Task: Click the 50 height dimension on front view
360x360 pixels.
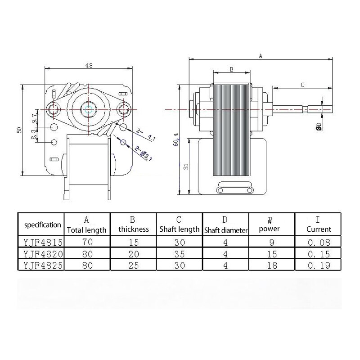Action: coord(19,130)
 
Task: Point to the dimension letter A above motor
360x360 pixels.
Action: coord(261,56)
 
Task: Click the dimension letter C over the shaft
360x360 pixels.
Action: coord(303,84)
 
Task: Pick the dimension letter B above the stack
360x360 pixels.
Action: coord(231,69)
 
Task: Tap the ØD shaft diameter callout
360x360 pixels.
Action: coord(319,126)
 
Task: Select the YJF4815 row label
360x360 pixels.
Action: coord(42,241)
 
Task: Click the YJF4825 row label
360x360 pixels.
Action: coord(42,265)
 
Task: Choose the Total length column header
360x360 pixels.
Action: coord(87,230)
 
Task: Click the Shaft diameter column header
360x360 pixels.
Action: coord(226,230)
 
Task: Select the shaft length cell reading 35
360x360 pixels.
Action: coord(179,253)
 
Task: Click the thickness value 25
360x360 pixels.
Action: coord(133,265)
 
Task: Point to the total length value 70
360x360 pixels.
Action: coord(87,241)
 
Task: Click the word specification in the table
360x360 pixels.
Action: coord(42,225)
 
